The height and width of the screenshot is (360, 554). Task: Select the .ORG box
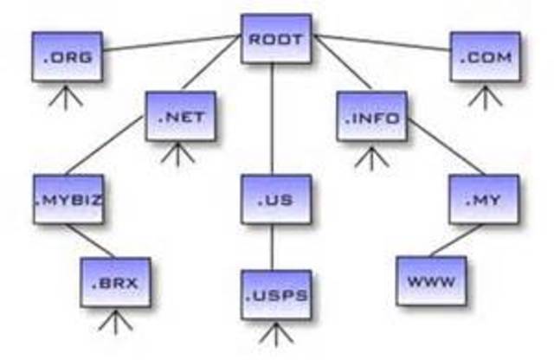click(x=67, y=57)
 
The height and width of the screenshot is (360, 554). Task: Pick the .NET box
click(x=181, y=116)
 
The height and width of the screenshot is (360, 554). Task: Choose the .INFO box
click(x=371, y=116)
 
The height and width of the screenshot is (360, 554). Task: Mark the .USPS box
click(x=276, y=294)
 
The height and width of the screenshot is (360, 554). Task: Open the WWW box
click(x=431, y=281)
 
